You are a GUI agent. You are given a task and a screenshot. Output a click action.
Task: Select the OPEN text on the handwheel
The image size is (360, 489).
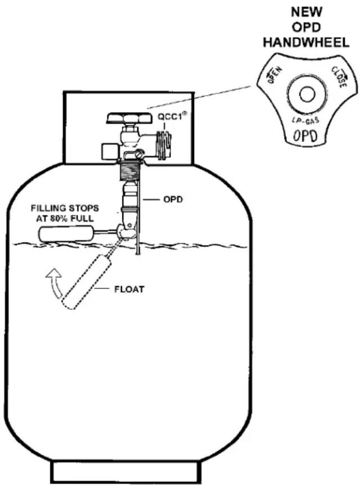[x=274, y=74]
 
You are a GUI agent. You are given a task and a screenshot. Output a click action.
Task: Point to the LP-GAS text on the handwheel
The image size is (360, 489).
[x=306, y=121]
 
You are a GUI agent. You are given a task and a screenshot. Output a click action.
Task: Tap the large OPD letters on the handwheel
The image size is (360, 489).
[x=306, y=136]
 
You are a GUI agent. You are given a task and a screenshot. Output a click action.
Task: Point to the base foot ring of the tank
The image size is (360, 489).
[x=125, y=472]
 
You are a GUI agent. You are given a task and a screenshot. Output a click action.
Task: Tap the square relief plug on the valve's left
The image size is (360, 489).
[x=109, y=150]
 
